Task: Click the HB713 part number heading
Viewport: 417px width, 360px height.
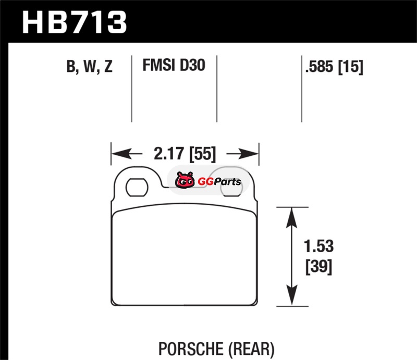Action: coord(74,22)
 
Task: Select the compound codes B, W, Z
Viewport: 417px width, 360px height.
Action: coord(89,66)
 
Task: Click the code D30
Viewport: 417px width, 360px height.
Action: coord(192,65)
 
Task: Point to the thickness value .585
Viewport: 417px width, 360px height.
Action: coord(319,66)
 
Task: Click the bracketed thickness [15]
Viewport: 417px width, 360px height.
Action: coord(350,67)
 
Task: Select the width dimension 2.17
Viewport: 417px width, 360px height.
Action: coord(168,154)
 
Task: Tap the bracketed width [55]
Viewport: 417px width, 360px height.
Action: coord(202,154)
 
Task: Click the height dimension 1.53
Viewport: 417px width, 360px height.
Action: coord(318,246)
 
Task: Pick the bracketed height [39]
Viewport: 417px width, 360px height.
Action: coord(319,267)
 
